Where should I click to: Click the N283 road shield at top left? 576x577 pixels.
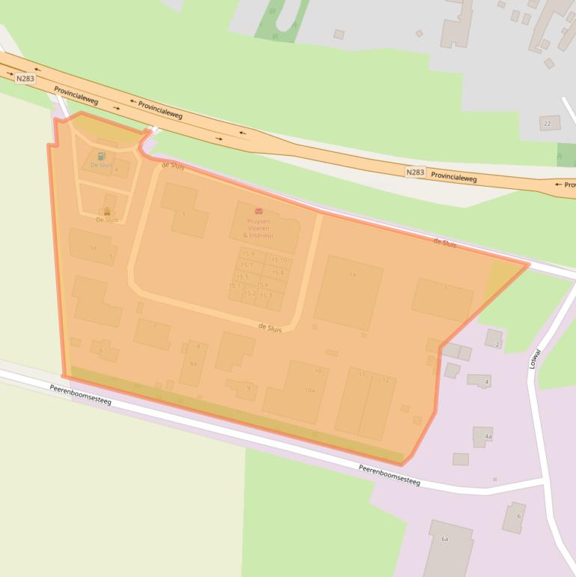(x=25, y=78)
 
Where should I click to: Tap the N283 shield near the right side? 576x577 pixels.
(x=415, y=172)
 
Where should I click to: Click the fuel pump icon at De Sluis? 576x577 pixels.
(x=101, y=156)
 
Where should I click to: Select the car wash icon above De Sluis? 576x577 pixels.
(x=106, y=211)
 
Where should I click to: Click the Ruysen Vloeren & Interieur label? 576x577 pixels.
(x=258, y=228)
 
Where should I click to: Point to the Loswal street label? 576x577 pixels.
(x=535, y=359)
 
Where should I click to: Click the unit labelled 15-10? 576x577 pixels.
(x=279, y=260)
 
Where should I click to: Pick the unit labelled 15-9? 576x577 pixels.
(x=248, y=255)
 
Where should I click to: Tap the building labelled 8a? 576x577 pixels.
(x=192, y=364)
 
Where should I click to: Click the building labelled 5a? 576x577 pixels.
(x=92, y=247)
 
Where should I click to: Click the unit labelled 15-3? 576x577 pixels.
(x=266, y=295)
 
